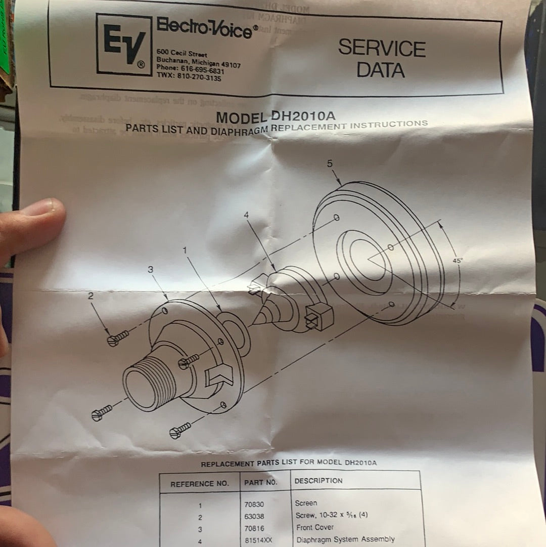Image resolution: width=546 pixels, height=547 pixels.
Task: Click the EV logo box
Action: (x=124, y=45)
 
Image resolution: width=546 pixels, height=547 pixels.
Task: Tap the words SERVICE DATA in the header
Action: (x=382, y=59)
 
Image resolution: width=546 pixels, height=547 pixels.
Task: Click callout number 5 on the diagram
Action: (x=330, y=163)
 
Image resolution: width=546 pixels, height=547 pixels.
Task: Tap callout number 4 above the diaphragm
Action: (x=247, y=215)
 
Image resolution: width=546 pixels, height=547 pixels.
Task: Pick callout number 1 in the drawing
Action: (x=185, y=250)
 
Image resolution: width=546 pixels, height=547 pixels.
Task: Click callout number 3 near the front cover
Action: (x=150, y=270)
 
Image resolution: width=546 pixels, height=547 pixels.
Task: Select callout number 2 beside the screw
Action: (x=91, y=296)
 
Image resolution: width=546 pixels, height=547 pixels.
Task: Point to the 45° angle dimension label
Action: (x=457, y=260)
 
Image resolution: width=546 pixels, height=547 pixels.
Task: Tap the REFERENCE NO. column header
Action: (x=199, y=484)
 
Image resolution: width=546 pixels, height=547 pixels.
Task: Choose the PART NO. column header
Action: (x=261, y=483)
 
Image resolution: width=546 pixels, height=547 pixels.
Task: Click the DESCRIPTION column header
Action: (x=318, y=481)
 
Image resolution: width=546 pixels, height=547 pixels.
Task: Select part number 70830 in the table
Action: (x=254, y=504)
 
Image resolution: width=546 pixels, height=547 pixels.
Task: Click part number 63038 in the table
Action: (x=255, y=517)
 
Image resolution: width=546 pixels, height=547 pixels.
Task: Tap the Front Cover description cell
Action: (x=314, y=527)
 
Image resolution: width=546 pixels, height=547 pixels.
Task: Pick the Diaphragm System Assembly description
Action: (x=345, y=539)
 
